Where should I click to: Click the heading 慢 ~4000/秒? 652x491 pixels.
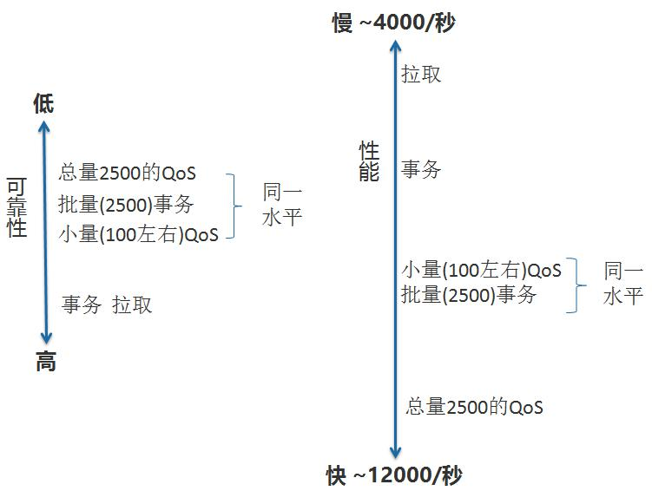393,22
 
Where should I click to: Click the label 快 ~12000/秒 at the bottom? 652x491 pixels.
394,475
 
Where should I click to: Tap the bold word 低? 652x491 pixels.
43,104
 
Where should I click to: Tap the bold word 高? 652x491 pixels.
45,362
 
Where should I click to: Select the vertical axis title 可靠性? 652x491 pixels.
16,207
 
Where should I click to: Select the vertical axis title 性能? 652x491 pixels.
369,161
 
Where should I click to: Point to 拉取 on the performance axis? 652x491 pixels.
421,74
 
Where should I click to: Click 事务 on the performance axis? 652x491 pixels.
421,169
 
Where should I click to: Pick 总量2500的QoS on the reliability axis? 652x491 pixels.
140,173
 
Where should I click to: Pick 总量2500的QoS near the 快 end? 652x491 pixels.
474,406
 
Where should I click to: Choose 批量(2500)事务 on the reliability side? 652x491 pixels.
127,204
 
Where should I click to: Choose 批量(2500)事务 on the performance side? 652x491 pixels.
470,295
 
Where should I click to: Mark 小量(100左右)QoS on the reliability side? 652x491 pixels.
139,233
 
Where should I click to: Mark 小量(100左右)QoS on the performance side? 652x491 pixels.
482,270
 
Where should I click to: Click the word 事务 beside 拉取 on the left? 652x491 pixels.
82,304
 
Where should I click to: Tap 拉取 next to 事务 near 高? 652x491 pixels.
132,304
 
